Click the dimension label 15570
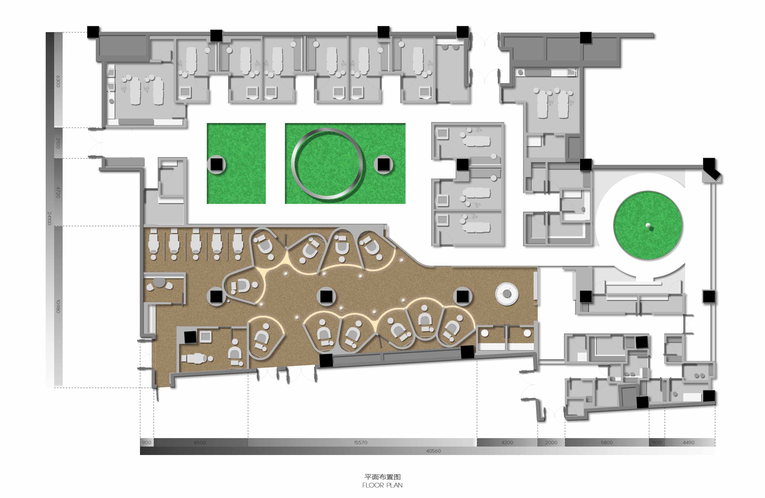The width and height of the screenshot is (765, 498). point(360,442)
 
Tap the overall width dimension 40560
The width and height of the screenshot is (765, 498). point(433,451)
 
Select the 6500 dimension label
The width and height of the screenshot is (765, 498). point(200,442)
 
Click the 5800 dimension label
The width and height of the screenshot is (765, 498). point(607,442)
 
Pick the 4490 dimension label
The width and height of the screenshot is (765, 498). point(689,442)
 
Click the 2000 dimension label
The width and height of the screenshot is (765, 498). point(551,442)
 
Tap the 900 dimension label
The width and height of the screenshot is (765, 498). point(147,442)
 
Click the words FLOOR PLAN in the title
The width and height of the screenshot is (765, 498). point(382,485)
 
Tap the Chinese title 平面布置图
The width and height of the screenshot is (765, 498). point(382,477)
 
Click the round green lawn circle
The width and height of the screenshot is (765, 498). point(648,225)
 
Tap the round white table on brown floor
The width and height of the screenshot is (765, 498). point(507,294)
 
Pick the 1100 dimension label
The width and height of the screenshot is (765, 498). point(657,442)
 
